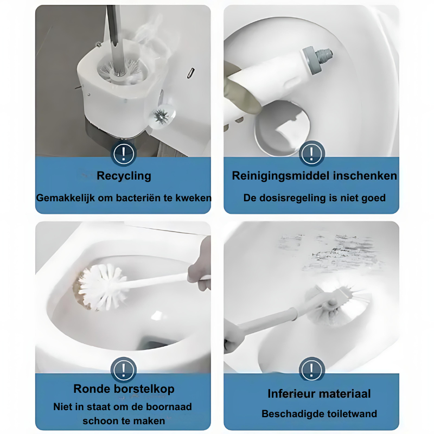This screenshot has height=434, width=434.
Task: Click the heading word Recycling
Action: coord(124,176)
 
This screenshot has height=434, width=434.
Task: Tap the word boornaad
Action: coord(169,406)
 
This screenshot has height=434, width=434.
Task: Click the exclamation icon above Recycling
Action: coord(124,154)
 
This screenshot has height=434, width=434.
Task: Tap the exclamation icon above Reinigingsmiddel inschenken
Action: coord(311,153)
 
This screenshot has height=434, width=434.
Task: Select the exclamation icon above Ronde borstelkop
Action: coord(124,370)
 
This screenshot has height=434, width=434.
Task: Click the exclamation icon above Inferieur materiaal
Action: coord(311,369)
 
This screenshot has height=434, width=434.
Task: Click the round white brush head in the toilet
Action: coord(100,287)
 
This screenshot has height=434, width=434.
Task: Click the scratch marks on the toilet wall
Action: coord(329,252)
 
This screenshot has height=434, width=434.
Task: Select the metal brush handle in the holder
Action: coord(114,39)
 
